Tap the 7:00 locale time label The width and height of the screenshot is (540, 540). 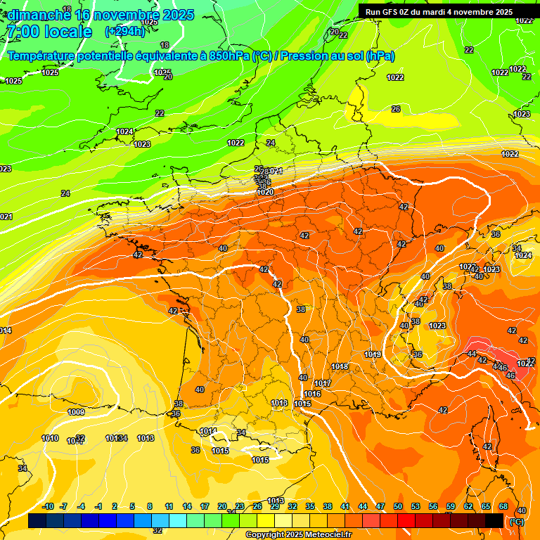[49, 32]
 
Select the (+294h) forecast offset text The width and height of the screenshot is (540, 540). [124, 31]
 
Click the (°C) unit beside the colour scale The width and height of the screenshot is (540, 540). [517, 522]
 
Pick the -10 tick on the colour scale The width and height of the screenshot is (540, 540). [48, 506]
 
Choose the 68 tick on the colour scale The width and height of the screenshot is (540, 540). [503, 506]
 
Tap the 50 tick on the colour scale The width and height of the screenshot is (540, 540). [398, 506]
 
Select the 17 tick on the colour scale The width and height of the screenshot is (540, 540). [205, 506]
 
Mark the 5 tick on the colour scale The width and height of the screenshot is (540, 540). [132, 506]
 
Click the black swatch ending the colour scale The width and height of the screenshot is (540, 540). [494, 521]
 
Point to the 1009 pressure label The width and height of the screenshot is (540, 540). [76, 412]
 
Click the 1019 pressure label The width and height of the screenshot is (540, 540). [373, 354]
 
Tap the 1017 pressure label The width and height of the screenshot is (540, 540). [323, 383]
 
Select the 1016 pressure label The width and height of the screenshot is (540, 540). [313, 394]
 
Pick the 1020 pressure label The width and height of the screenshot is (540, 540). [265, 192]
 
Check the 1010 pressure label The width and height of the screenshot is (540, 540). [50, 438]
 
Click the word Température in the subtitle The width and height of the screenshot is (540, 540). [41, 56]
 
